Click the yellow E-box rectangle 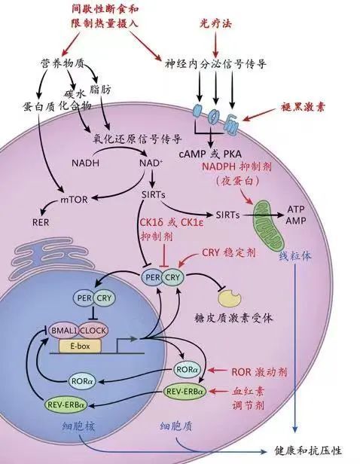tap(80, 346)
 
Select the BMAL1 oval tap(63, 330)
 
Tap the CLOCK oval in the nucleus tap(93, 330)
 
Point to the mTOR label tap(74, 200)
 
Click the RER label tap(41, 222)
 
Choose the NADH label tap(86, 163)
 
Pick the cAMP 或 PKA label tap(210, 154)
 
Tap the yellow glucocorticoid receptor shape tap(229, 298)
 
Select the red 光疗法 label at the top tap(215, 23)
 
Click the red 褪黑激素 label tap(302, 107)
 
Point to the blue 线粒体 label tap(295, 256)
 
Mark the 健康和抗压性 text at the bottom tap(308, 451)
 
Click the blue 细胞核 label tap(79, 426)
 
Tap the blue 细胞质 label tap(176, 426)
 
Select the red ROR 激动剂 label tap(259, 371)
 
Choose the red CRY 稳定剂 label tap(229, 253)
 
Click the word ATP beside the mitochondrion tap(296, 209)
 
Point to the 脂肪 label tap(100, 89)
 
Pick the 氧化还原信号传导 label tap(137, 139)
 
